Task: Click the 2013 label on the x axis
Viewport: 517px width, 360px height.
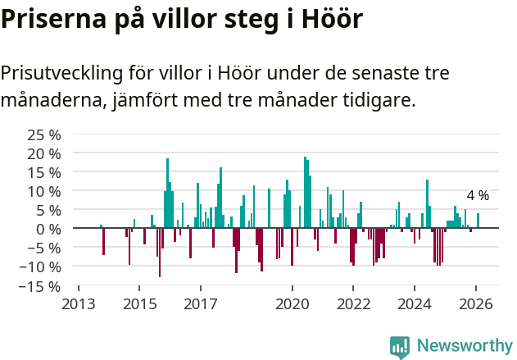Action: (79, 303)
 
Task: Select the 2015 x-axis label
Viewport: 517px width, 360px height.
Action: (139, 303)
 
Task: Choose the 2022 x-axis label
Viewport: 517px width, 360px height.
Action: (353, 303)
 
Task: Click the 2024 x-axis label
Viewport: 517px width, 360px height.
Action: (415, 303)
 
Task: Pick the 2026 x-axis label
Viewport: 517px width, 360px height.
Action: (476, 303)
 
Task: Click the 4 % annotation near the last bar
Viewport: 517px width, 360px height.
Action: (478, 195)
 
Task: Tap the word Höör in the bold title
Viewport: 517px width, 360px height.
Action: (327, 19)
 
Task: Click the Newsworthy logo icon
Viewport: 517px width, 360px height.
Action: (400, 346)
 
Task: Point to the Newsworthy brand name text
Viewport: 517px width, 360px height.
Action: (464, 346)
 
